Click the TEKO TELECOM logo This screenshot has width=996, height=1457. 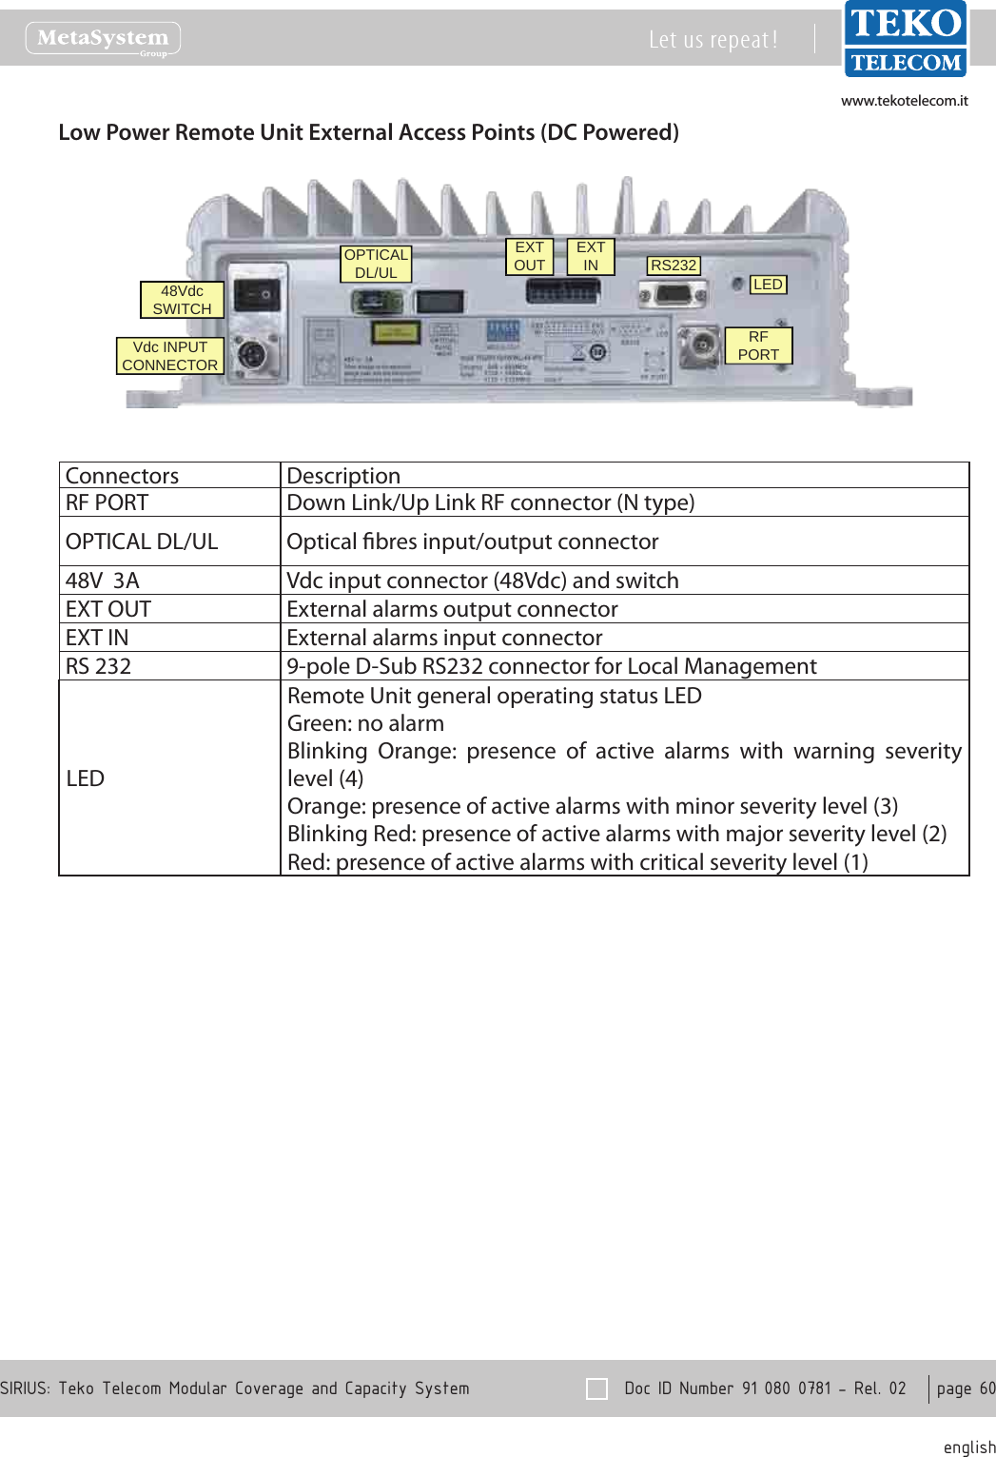coord(905,39)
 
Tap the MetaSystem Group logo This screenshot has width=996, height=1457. coord(103,39)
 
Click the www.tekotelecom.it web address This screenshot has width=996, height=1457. coord(904,101)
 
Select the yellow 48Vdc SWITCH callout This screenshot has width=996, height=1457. coord(182,300)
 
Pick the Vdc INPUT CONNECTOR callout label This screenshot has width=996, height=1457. coord(169,356)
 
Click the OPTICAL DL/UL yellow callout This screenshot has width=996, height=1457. coord(376,264)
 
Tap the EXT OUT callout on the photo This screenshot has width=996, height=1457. coord(529,256)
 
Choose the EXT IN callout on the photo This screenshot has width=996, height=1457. coord(591,256)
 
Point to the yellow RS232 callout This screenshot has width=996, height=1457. coord(674,266)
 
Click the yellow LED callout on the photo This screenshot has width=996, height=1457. coord(768,285)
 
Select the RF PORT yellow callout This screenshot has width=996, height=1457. coord(758,345)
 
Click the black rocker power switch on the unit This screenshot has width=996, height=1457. coord(258,295)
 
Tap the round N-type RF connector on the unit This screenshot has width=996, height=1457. coord(700,344)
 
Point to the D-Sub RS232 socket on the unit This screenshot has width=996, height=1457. coord(674,294)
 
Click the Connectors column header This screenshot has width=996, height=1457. coord(122,476)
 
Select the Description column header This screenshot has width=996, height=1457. coord(343,476)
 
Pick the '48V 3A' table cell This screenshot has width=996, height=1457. coord(103,581)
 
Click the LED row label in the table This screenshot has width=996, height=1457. coord(86,778)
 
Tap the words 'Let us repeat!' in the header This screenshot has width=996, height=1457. coord(713,40)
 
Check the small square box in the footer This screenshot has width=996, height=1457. coord(596,1388)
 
